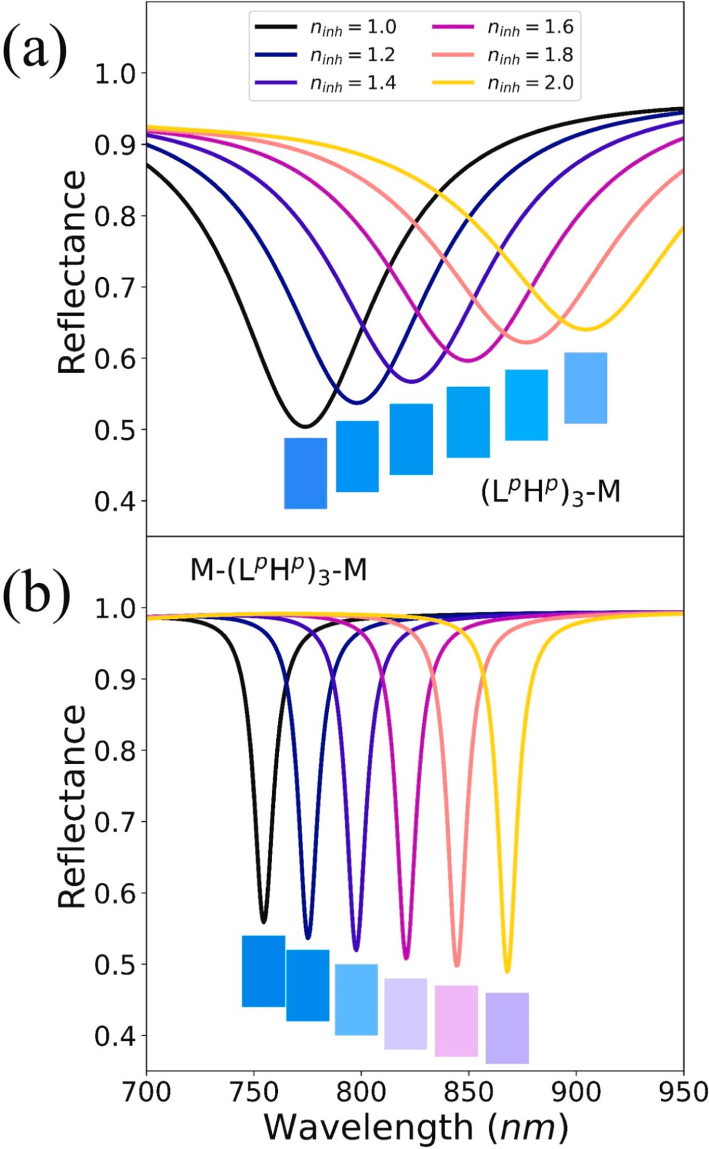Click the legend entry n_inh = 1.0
[326, 27]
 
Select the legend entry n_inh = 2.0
[502, 84]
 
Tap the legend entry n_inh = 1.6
[502, 27]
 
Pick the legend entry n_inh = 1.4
[326, 84]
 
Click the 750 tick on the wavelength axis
[254, 1092]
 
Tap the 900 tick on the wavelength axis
[576, 1092]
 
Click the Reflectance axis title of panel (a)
[72, 272]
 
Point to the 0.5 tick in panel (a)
[116, 430]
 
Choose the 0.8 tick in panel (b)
[116, 750]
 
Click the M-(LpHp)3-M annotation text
[278, 571]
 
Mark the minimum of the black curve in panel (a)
[305, 426]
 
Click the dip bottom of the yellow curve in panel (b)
[507, 971]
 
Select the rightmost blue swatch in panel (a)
[586, 388]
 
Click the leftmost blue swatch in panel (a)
[305, 473]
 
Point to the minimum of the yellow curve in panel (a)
[586, 329]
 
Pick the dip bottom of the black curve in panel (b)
[264, 922]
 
